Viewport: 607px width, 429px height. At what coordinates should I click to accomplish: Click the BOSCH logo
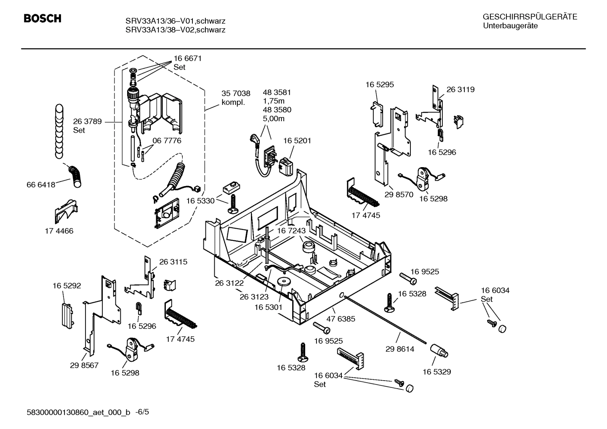click(43, 19)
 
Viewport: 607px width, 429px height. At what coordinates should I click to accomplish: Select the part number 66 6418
click(41, 184)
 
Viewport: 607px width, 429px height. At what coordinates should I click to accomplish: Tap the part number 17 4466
click(59, 231)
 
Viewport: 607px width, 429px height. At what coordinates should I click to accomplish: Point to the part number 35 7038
click(236, 93)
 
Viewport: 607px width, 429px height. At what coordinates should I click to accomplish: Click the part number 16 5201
click(297, 141)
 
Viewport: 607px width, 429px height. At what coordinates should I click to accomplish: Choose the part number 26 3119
click(460, 89)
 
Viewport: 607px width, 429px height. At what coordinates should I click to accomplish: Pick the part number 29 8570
click(399, 195)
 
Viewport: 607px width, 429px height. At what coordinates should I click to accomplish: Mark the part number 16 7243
click(291, 231)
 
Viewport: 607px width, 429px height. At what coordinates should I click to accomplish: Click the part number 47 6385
click(341, 319)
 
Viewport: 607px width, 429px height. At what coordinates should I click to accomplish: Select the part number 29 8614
click(400, 349)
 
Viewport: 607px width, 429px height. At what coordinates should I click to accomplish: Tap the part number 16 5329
click(437, 372)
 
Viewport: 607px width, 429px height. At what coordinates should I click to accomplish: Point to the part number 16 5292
click(67, 285)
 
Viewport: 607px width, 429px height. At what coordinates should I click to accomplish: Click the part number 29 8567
click(84, 365)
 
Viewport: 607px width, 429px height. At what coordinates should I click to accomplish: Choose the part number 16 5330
click(200, 201)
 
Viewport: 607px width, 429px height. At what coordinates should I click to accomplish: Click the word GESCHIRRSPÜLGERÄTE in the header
click(530, 17)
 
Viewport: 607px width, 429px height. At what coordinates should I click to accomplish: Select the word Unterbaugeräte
click(510, 26)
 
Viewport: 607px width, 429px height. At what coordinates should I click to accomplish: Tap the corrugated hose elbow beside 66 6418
click(76, 176)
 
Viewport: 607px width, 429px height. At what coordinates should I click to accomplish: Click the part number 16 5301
click(268, 307)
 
